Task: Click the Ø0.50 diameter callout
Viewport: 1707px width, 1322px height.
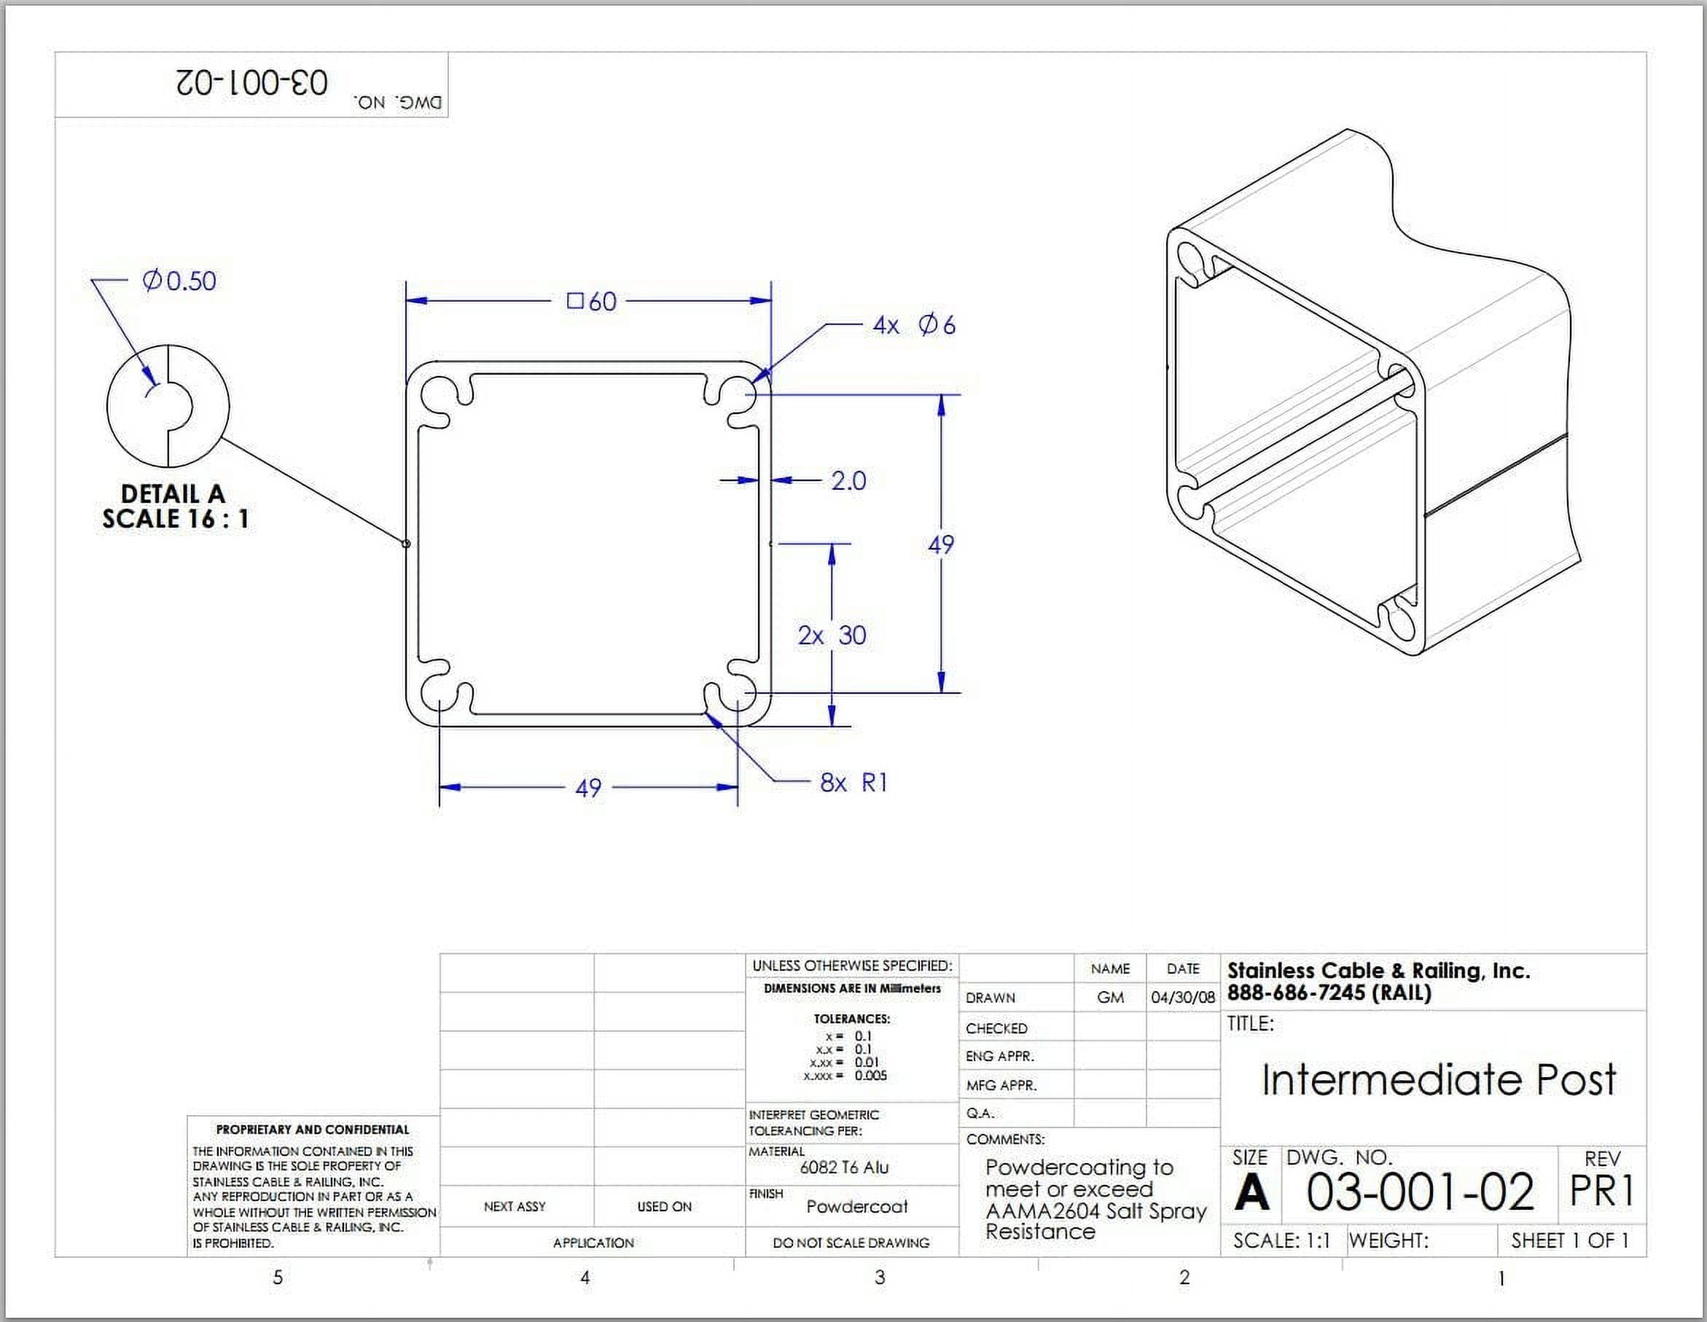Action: [x=179, y=281]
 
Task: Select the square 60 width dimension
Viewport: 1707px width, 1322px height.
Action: [x=592, y=301]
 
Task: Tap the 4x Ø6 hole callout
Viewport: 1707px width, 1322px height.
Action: [x=914, y=325]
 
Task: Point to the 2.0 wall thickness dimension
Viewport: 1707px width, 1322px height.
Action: [x=848, y=480]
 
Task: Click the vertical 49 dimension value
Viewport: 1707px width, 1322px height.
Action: [x=940, y=544]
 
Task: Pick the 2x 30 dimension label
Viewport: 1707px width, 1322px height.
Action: [x=832, y=635]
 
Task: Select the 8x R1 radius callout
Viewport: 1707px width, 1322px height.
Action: [x=853, y=782]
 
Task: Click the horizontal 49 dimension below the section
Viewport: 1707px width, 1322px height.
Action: [x=587, y=788]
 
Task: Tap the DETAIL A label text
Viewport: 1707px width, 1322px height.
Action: [x=173, y=494]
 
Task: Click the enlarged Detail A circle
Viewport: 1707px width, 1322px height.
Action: [x=168, y=406]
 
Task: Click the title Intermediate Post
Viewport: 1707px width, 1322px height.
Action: [x=1438, y=1080]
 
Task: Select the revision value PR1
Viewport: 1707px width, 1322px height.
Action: [x=1601, y=1192]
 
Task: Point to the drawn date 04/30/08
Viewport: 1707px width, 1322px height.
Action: [x=1182, y=998]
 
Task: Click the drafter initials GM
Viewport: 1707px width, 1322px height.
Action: [x=1110, y=998]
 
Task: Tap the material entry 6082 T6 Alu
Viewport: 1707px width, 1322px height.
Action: [x=844, y=1167]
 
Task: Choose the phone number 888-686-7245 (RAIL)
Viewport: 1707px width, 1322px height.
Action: [x=1329, y=993]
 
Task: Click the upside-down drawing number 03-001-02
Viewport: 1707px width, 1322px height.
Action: [x=251, y=82]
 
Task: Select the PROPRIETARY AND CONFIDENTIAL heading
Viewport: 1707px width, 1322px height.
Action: [x=312, y=1129]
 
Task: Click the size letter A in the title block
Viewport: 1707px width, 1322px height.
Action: [x=1251, y=1192]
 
